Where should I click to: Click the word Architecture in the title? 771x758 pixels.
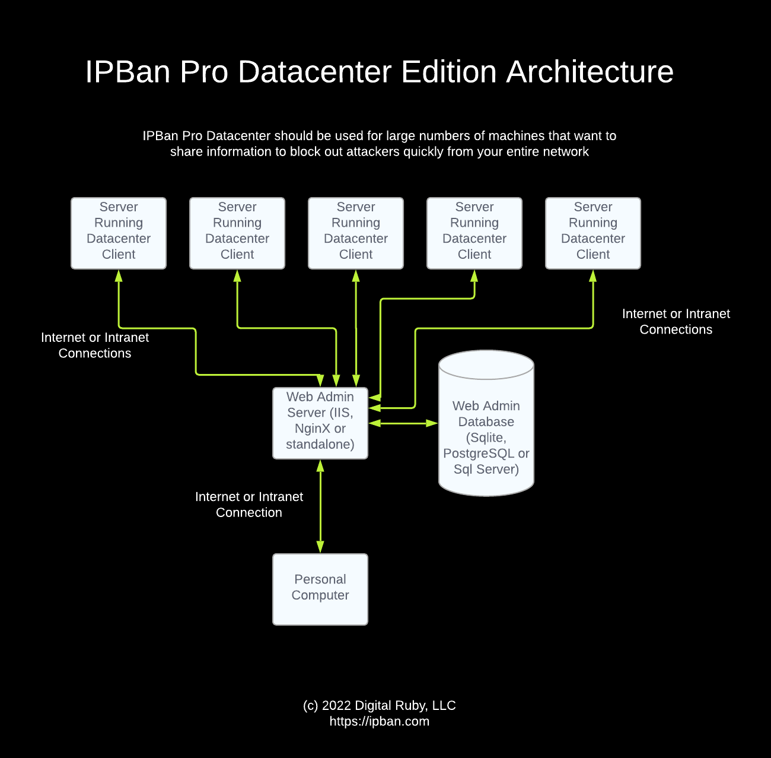pyautogui.click(x=590, y=72)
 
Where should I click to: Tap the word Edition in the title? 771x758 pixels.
pyautogui.click(x=448, y=72)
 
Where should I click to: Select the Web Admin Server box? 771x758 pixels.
pyautogui.click(x=320, y=423)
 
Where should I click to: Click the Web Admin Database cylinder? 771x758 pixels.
pyautogui.click(x=486, y=423)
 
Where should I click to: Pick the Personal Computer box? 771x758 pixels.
pyautogui.click(x=320, y=589)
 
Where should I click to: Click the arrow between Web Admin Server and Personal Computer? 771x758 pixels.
pyautogui.click(x=320, y=506)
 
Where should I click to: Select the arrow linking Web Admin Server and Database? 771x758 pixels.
pyautogui.click(x=403, y=423)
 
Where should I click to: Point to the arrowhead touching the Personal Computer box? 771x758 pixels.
pyautogui.click(x=320, y=547)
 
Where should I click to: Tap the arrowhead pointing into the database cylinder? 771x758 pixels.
pyautogui.click(x=432, y=423)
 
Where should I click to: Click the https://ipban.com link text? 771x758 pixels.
pyautogui.click(x=380, y=722)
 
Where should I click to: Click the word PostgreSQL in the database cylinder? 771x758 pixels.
pyautogui.click(x=479, y=453)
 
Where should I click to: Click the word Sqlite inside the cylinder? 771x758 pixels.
pyautogui.click(x=486, y=438)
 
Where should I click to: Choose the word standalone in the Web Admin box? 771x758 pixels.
pyautogui.click(x=320, y=445)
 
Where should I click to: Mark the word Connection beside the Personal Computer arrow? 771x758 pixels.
pyautogui.click(x=249, y=512)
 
